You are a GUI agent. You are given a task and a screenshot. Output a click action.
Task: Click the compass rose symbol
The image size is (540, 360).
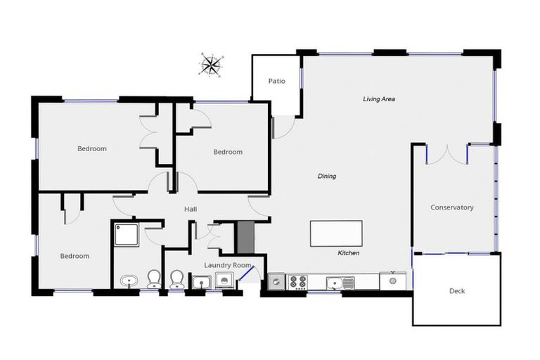coord(210,64)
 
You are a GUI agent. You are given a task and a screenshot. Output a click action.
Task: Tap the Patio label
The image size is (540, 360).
coord(276,81)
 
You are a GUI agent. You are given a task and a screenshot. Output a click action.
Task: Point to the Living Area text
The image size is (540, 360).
coord(378,99)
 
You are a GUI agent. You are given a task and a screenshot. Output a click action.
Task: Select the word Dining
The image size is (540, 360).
coord(327,176)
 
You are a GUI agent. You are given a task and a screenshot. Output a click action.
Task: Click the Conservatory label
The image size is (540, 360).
coord(451,207)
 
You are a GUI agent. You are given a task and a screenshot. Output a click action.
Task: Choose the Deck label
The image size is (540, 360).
coord(456,290)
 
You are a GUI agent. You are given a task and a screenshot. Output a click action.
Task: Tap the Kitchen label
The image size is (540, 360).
coord(349,252)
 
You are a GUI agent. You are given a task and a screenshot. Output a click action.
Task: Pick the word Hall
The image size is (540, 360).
coord(191,209)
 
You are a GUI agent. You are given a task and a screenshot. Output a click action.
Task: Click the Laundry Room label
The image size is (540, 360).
coord(227,265)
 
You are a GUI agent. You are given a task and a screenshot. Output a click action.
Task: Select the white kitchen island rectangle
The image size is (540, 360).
coord(336,233)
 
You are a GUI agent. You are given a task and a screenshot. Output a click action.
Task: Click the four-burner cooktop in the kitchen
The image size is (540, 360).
coord(298,282)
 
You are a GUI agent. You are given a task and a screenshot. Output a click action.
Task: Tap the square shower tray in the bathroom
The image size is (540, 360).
coord(127,233)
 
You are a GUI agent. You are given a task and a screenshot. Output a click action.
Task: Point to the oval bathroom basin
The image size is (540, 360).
coord(128,282)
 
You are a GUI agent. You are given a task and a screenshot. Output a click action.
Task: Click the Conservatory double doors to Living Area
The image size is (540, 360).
coord(447,154)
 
